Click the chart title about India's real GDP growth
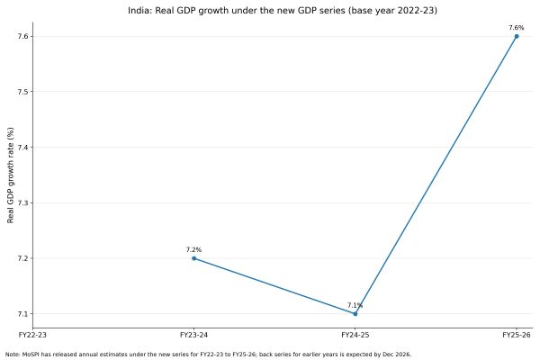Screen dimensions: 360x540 [x=270, y=11]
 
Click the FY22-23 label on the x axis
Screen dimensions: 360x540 [x=32, y=335]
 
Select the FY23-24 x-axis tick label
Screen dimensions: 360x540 [x=193, y=335]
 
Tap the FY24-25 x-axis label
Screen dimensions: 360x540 [x=355, y=335]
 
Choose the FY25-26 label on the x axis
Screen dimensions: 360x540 [x=516, y=335]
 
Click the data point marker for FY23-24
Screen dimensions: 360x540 [x=193, y=258]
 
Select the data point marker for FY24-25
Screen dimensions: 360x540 [x=355, y=314]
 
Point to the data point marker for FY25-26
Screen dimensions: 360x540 [x=516, y=36]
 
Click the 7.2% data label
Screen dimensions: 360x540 [x=193, y=249]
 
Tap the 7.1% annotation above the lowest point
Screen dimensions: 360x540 [x=355, y=305]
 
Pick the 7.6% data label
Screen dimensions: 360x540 [x=516, y=27]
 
